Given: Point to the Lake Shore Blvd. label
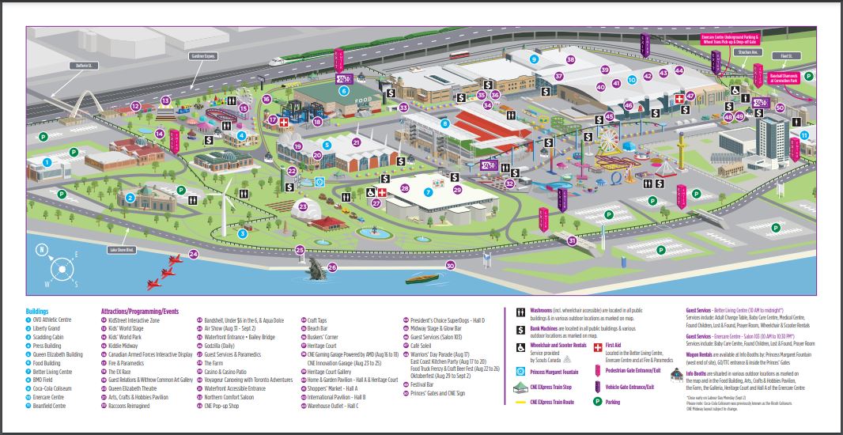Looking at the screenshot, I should click(121, 250).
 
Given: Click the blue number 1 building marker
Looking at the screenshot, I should click(47, 161).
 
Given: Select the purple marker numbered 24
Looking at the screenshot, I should click(193, 255).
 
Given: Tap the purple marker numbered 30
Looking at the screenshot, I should click(450, 266).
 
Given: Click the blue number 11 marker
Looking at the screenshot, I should click(804, 135).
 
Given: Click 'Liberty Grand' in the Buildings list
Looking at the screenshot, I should click(47, 327).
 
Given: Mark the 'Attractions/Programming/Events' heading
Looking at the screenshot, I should click(139, 311).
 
